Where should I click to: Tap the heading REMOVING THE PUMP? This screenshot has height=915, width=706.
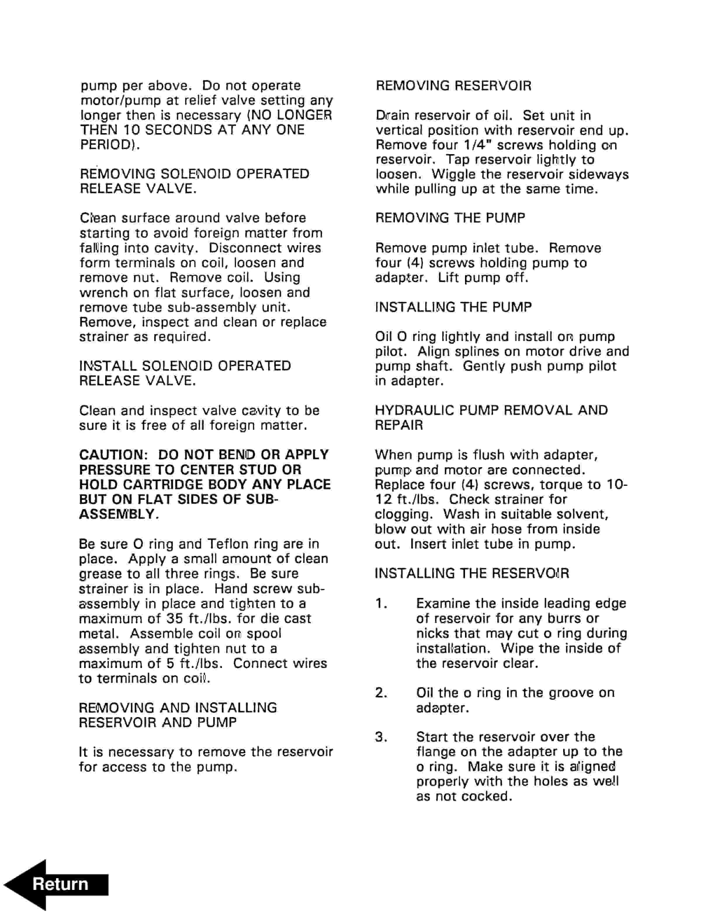pos(450,218)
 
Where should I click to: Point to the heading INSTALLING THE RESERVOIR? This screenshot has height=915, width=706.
pos(472,573)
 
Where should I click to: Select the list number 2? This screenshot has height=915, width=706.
pos(381,693)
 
